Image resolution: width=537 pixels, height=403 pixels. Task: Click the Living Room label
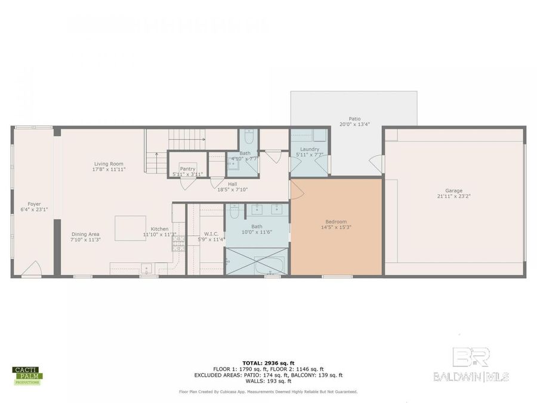109,164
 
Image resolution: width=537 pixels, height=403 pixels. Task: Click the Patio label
355,119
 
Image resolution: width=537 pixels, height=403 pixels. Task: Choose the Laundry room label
310,149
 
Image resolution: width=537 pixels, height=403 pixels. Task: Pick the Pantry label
187,169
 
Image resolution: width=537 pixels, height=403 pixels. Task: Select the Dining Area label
85,234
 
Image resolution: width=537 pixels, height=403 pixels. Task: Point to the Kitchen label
159,229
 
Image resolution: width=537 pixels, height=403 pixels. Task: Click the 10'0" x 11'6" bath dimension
257,232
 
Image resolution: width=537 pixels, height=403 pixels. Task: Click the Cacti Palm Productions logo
27,376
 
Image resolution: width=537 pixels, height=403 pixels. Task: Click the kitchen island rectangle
130,228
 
